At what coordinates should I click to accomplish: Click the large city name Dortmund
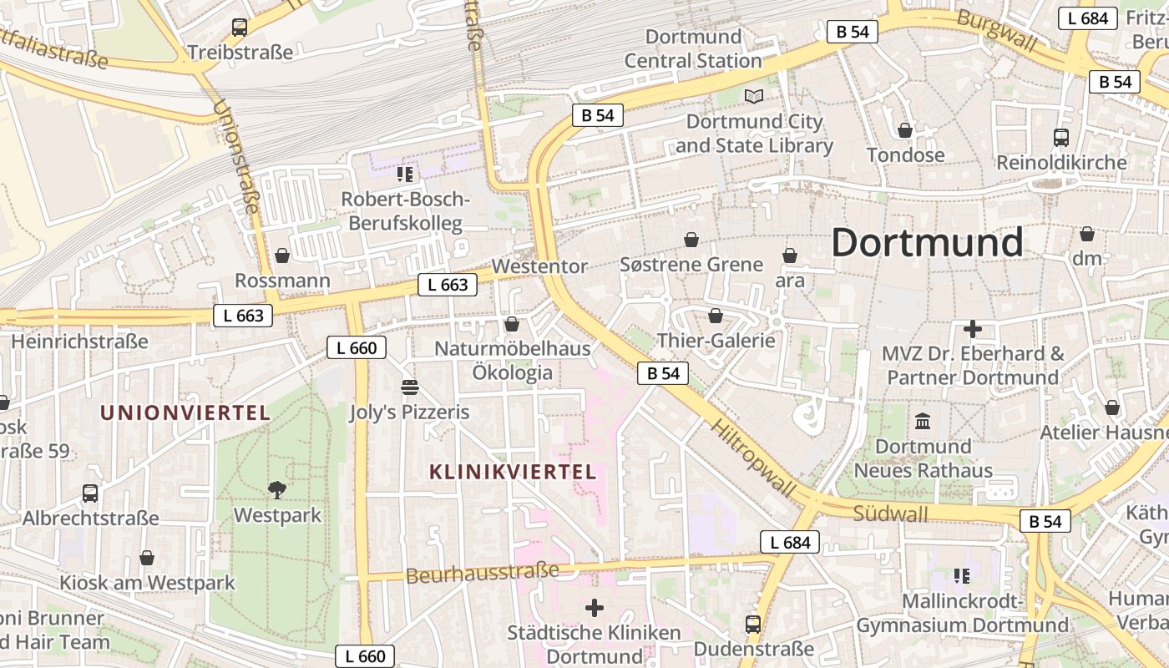click(927, 243)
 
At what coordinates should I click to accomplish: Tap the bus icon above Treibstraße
click(240, 28)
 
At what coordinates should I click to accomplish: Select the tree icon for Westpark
click(276, 490)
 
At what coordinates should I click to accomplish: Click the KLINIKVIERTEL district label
click(513, 472)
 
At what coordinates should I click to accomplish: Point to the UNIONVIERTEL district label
click(185, 412)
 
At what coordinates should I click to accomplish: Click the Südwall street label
click(890, 513)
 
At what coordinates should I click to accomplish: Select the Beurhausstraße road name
click(483, 574)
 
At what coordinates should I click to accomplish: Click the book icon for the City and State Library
click(754, 97)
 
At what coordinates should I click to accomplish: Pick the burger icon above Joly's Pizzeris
click(409, 387)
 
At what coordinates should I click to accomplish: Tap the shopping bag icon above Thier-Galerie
click(716, 316)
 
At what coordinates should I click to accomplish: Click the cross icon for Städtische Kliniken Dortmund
click(595, 608)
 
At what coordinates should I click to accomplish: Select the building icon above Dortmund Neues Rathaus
click(923, 422)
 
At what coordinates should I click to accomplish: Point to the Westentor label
click(539, 266)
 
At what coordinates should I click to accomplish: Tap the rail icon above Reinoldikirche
click(1061, 138)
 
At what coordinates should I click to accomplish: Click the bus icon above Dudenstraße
click(753, 625)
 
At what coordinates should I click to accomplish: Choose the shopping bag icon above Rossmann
click(282, 256)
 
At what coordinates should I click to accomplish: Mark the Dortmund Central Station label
click(693, 48)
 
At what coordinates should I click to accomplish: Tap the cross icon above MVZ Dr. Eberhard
click(973, 329)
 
